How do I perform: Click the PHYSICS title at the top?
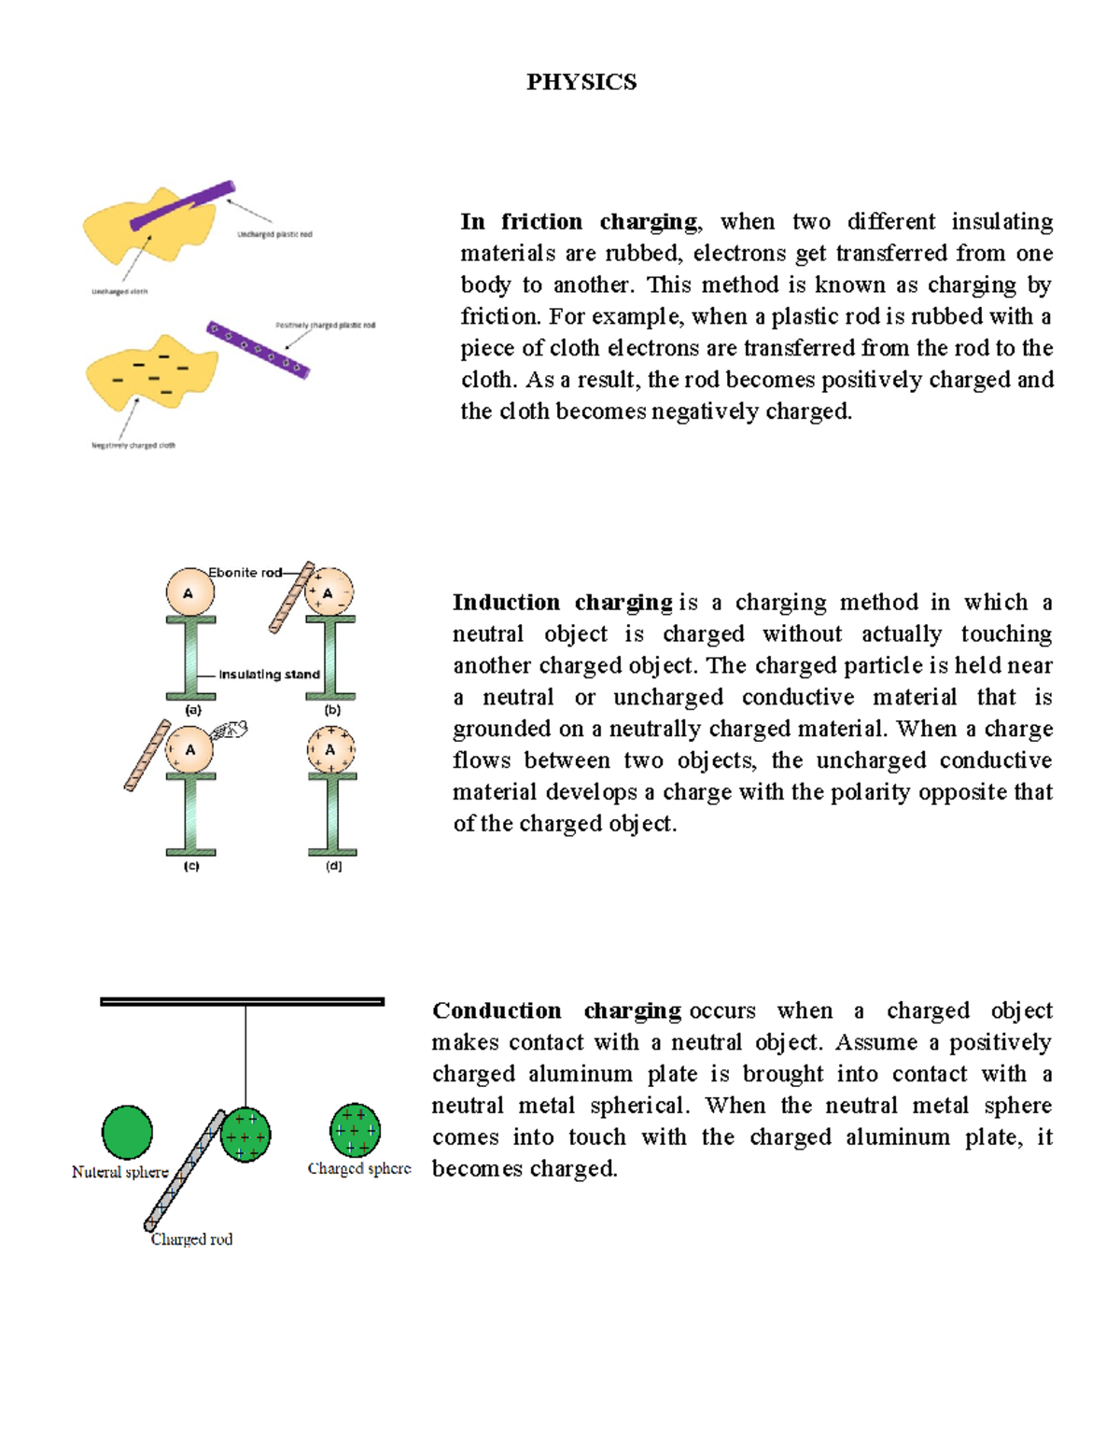581,82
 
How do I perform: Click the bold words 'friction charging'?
599,222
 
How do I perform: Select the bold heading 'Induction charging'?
562,603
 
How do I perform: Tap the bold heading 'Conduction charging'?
556,1011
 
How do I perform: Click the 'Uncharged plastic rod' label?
274,235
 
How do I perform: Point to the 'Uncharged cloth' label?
119,292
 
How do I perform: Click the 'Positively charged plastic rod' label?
325,326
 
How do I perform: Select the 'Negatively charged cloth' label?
133,446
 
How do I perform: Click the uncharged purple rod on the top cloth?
183,204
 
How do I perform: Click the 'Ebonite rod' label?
245,573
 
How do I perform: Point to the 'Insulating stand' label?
269,675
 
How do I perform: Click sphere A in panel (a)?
189,593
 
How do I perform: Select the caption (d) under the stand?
333,867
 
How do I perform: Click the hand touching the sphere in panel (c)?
230,731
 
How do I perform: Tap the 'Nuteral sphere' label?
119,1173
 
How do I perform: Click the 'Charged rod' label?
191,1240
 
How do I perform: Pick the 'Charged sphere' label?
359,1169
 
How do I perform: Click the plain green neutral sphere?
127,1132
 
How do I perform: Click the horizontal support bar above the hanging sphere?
242,1002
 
